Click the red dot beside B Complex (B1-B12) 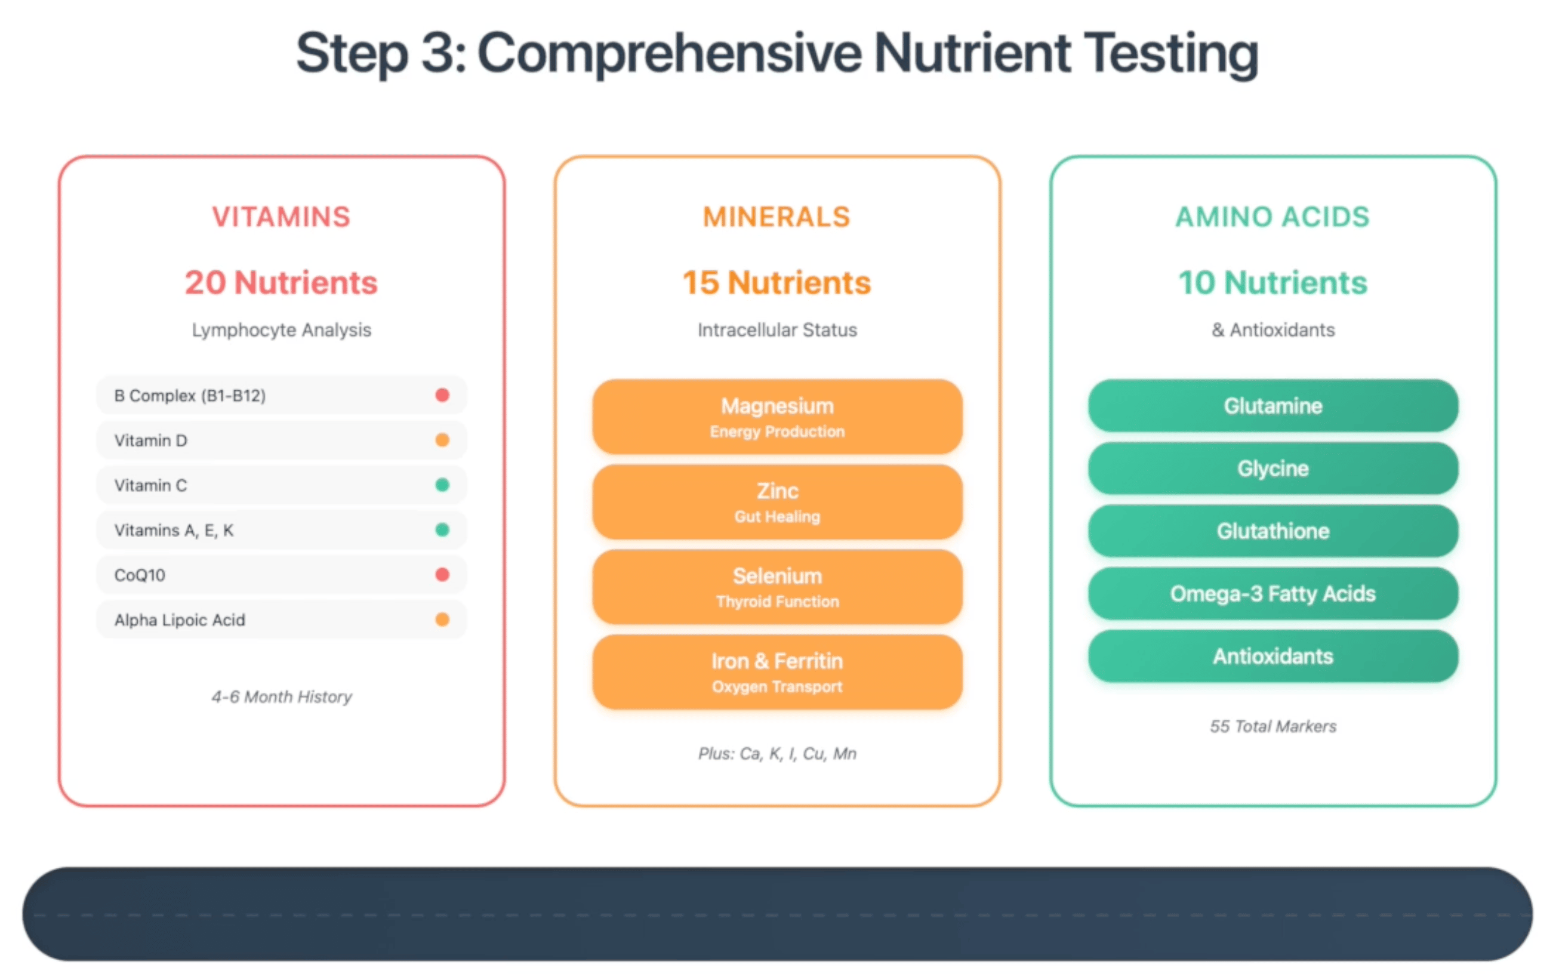coord(442,395)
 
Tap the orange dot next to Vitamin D coord(442,440)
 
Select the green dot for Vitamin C coord(442,485)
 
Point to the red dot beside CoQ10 coord(442,575)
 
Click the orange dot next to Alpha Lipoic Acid coord(442,619)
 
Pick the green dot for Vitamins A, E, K coord(442,530)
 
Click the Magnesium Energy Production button coord(777,417)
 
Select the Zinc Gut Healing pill coord(777,502)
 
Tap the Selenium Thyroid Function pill coord(777,587)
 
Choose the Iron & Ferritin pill coord(777,672)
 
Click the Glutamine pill coord(1273,406)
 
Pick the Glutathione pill coord(1273,531)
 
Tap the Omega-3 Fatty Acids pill coord(1273,593)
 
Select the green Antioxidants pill coord(1273,656)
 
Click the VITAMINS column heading coord(282,217)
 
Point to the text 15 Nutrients coord(777,283)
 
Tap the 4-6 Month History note coord(282,697)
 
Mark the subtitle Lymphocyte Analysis coord(282,330)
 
